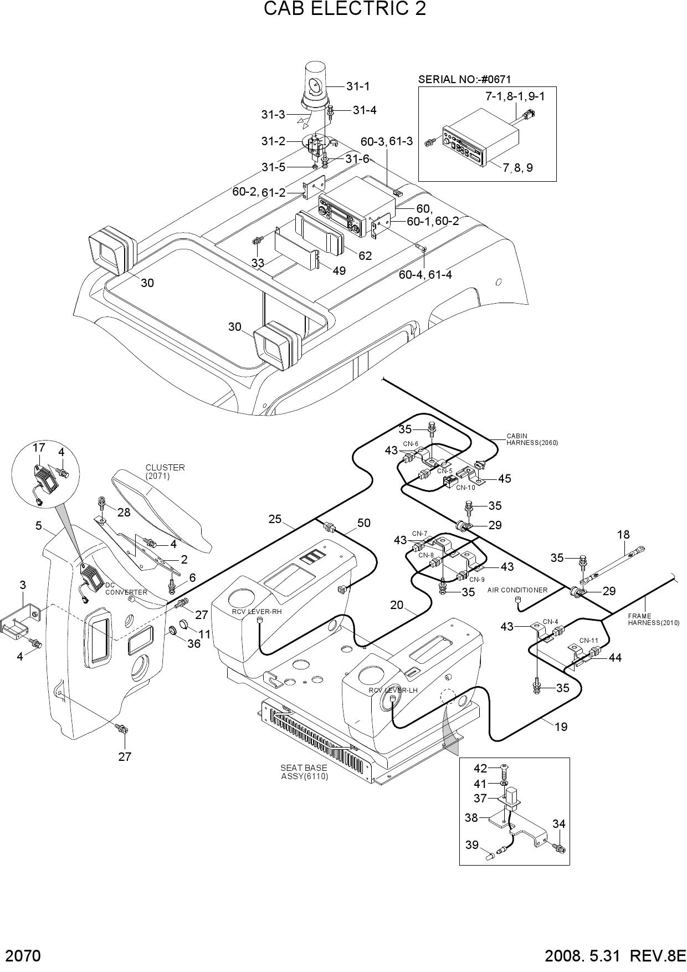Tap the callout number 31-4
click(365, 110)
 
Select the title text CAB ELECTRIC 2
click(345, 9)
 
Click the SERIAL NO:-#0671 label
click(464, 79)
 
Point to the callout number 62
click(365, 256)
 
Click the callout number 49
click(339, 270)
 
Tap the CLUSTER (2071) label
click(165, 472)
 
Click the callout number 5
click(39, 525)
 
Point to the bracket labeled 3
click(19, 620)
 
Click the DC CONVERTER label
click(126, 589)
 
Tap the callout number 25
click(275, 519)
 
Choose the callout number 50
click(364, 523)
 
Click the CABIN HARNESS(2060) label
click(532, 439)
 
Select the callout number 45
click(504, 478)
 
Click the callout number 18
click(623, 535)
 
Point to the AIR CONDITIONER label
click(517, 590)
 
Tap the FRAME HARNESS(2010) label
click(654, 619)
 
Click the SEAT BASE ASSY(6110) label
click(304, 772)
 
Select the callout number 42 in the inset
click(480, 769)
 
